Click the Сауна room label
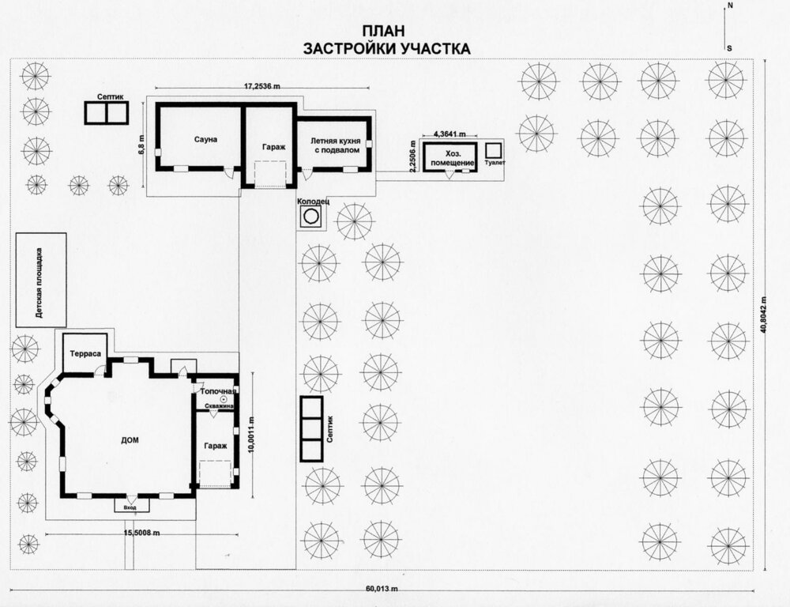coord(205,139)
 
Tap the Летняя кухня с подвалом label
coord(335,145)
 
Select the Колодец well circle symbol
coord(310,217)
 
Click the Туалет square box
coord(494,150)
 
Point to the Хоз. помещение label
coord(453,158)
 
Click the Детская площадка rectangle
coord(41,280)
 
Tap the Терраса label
coord(85,354)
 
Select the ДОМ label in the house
coord(130,440)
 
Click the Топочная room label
coord(218,391)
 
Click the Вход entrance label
coord(130,507)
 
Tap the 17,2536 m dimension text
coord(262,86)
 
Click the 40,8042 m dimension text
coord(766,314)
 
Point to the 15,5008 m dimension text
coord(142,533)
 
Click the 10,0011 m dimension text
coord(252,435)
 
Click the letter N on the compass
coord(729,6)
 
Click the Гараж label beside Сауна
coord(273,147)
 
